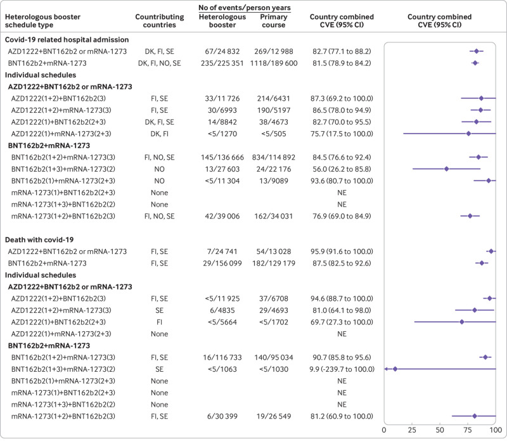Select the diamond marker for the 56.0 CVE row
446,169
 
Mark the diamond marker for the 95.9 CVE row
491,251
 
